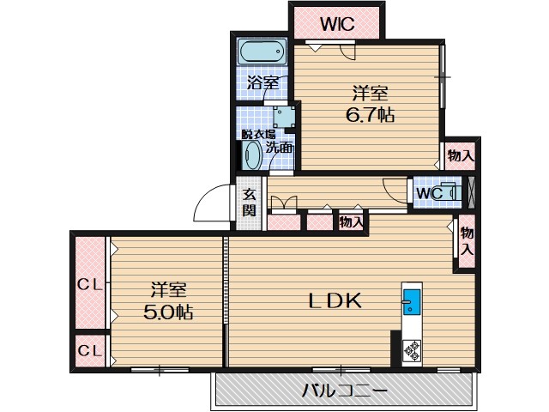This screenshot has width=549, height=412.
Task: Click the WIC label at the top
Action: coord(337,24)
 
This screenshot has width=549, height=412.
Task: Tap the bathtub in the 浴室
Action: coord(262,51)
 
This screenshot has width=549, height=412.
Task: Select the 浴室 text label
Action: coord(263,82)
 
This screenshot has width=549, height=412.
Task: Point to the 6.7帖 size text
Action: coord(370,114)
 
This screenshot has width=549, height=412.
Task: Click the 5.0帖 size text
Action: coord(168,312)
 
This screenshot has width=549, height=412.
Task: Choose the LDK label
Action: coord(335,300)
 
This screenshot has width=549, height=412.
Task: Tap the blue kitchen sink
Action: coord(412,301)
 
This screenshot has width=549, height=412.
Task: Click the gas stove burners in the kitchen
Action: coord(412,351)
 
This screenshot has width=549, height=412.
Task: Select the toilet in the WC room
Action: coord(450,192)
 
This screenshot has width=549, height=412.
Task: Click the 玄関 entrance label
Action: coord(250,203)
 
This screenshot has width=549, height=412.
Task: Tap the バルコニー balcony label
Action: coord(345,390)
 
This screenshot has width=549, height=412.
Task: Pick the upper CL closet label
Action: coord(89,285)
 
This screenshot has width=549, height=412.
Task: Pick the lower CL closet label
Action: coord(89,350)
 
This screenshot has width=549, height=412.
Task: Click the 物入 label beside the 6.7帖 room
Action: coord(461,154)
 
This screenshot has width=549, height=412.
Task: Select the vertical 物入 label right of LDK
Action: coord(467,241)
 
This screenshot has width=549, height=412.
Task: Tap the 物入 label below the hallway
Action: coord(351,221)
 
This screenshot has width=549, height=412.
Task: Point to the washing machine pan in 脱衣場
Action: coord(284,117)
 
